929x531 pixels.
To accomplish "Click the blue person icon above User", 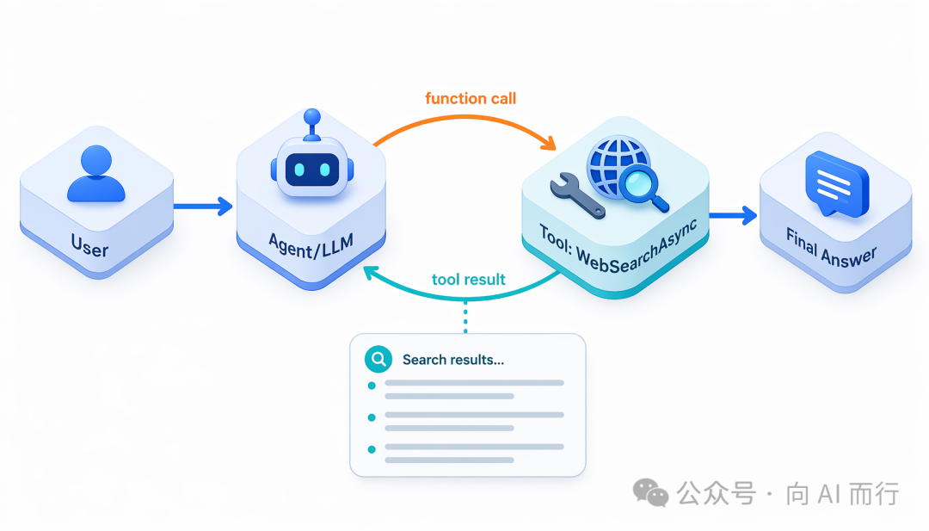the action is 96,174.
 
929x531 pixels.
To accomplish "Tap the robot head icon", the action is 312,168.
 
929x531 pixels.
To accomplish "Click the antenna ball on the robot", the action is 311,117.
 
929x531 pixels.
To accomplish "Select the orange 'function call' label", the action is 471,98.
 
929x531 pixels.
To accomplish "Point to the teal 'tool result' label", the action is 468,279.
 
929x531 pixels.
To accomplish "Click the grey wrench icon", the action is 577,195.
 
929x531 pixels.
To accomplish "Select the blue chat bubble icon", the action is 837,183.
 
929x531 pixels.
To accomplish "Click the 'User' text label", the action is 89,245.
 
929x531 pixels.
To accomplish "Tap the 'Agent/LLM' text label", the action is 311,245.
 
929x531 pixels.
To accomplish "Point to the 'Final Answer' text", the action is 831,248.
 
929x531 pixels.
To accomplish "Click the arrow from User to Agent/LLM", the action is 203,207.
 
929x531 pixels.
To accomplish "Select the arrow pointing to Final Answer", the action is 733,215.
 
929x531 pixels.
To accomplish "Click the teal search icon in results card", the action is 378,359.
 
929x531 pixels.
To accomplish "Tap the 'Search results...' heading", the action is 453,360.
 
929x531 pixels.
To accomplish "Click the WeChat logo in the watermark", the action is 650,492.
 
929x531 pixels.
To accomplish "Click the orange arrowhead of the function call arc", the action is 549,143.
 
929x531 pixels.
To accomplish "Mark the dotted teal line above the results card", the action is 465,317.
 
